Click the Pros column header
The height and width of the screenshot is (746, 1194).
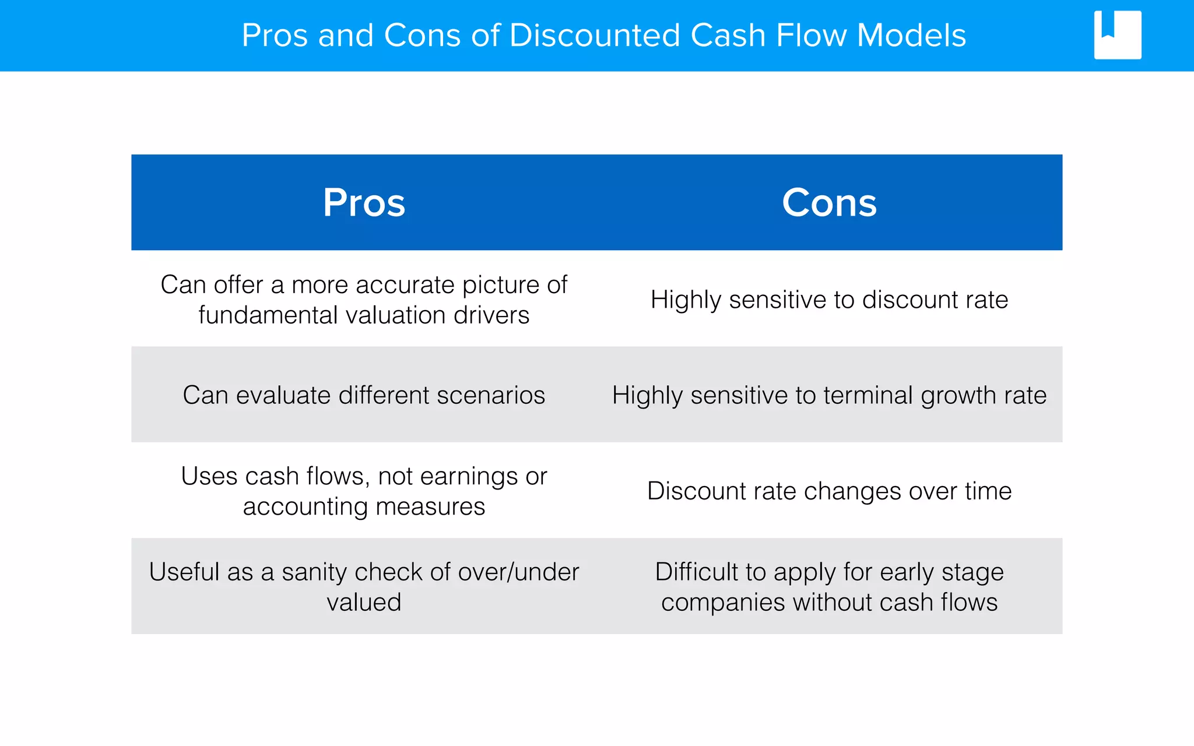pos(364,203)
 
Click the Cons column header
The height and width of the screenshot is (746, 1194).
pos(828,203)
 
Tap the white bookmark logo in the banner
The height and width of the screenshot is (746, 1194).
pos(1117,35)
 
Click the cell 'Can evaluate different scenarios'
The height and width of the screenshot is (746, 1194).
pos(364,395)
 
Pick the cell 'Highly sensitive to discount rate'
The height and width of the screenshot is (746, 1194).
pos(829,300)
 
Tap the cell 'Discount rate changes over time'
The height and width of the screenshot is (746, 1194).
pos(829,491)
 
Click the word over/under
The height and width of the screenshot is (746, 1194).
pos(518,572)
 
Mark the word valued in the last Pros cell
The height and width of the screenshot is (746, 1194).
pos(364,602)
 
